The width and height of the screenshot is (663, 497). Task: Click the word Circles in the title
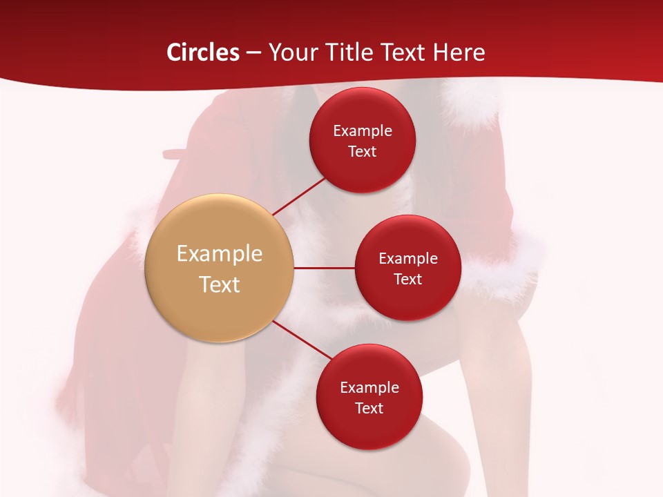tap(203, 52)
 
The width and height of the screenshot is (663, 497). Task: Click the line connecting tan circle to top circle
tap(300, 195)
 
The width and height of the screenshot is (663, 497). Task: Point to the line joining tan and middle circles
tap(325, 268)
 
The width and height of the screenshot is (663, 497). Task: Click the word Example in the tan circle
tap(220, 254)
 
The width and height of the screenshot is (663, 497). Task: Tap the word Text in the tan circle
tap(220, 284)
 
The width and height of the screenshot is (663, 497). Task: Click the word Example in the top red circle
tap(363, 131)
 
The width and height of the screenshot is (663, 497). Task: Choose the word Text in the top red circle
tap(363, 152)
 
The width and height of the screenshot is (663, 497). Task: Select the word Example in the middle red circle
tap(408, 259)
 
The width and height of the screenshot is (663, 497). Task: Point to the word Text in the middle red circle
tap(408, 280)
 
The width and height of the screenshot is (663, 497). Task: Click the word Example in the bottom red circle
tap(369, 388)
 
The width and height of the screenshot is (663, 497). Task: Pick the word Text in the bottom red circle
tap(369, 409)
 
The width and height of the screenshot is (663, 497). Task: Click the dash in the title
tap(253, 53)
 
